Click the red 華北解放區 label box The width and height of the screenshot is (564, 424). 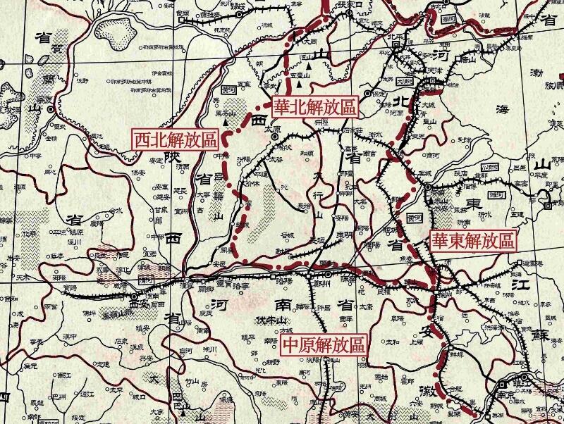315,107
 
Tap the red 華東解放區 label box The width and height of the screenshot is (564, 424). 473,241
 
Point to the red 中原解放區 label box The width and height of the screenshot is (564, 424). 324,346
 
